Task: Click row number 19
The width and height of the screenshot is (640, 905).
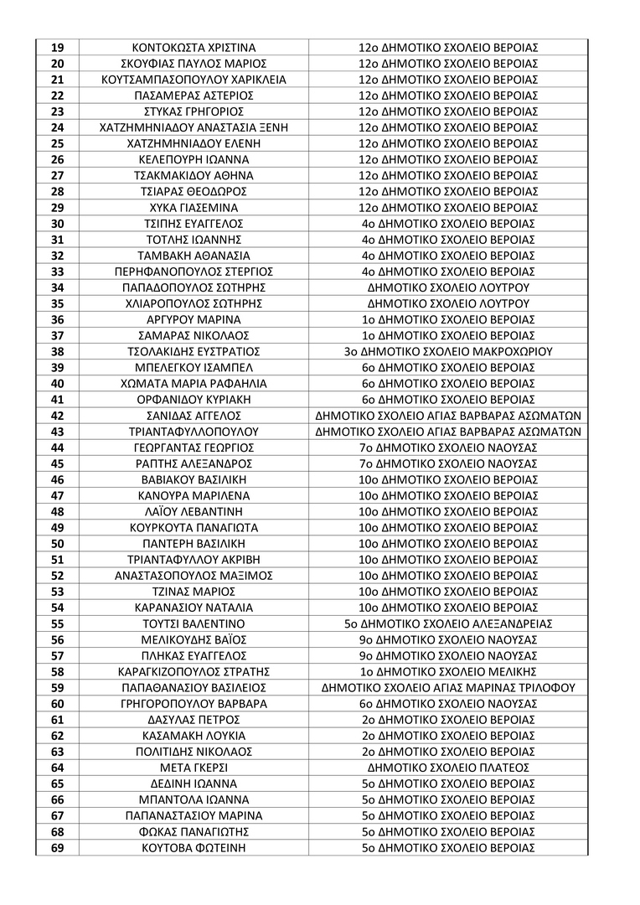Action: pyautogui.click(x=58, y=48)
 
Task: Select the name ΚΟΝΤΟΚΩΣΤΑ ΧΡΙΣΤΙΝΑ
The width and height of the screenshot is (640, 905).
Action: pyautogui.click(x=194, y=48)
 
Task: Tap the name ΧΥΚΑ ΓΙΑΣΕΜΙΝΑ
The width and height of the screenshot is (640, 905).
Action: pyautogui.click(x=194, y=208)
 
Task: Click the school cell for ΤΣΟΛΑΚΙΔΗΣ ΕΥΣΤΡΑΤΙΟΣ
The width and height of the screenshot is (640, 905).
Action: pyautogui.click(x=448, y=352)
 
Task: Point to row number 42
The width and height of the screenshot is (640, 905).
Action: pyautogui.click(x=58, y=416)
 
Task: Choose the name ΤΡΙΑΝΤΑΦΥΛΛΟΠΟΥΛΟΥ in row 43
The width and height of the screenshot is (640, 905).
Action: pyautogui.click(x=194, y=432)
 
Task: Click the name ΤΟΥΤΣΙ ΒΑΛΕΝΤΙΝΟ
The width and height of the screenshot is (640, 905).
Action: pyautogui.click(x=194, y=624)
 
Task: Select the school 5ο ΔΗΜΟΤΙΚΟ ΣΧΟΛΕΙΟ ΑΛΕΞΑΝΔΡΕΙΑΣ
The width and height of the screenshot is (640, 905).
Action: pyautogui.click(x=448, y=624)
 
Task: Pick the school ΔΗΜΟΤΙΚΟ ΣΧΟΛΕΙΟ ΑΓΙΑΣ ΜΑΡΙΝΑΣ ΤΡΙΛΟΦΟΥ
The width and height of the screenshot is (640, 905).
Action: pyautogui.click(x=448, y=688)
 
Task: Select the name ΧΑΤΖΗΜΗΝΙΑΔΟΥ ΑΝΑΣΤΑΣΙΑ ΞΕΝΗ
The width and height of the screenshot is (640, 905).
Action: pyautogui.click(x=194, y=127)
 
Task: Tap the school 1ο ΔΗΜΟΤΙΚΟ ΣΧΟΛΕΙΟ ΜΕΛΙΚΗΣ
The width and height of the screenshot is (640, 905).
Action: pyautogui.click(x=448, y=672)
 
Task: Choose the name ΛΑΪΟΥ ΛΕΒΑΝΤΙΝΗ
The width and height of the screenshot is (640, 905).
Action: pyautogui.click(x=194, y=512)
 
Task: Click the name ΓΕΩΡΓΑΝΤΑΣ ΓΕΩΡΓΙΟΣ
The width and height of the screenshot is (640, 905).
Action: pyautogui.click(x=194, y=447)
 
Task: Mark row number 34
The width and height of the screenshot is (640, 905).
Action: pyautogui.click(x=58, y=287)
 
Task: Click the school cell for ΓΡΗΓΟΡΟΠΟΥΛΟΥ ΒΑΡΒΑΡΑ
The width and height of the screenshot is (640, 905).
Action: pyautogui.click(x=448, y=704)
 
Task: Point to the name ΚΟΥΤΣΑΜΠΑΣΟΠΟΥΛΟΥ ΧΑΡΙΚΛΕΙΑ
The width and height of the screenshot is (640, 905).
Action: pyautogui.click(x=194, y=80)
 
